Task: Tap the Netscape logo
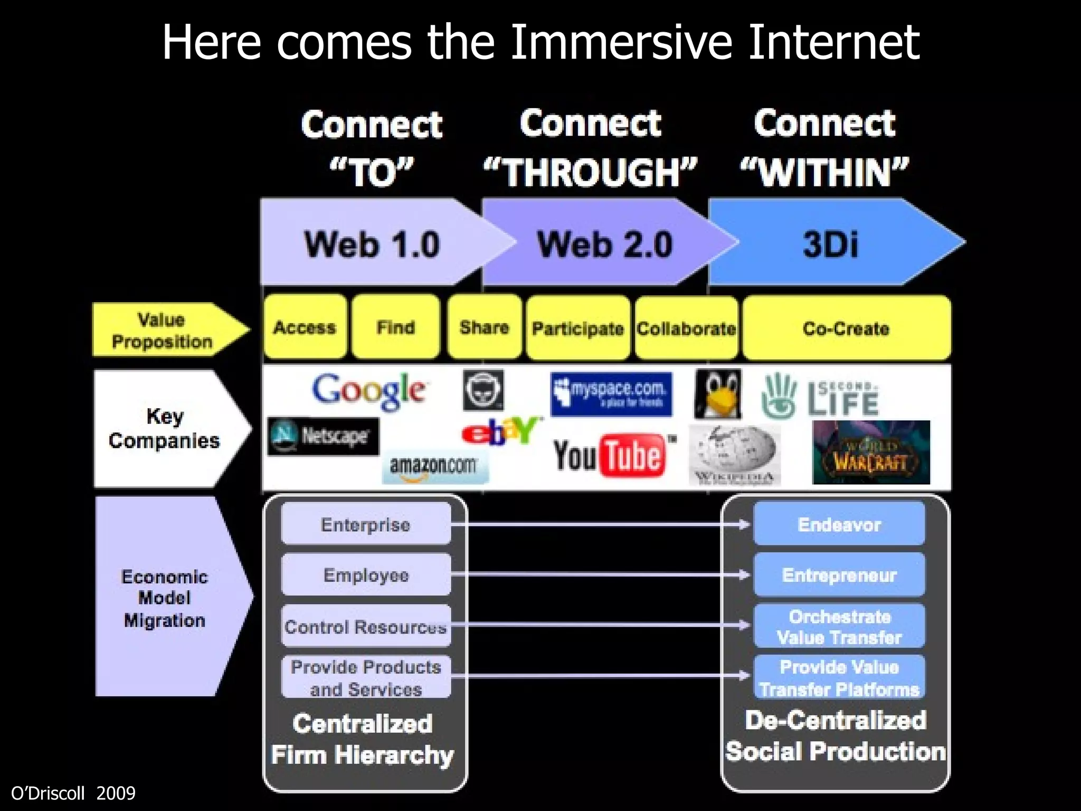[x=323, y=436]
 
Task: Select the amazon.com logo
[x=435, y=467]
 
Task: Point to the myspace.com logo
[x=611, y=394]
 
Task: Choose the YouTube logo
[x=612, y=455]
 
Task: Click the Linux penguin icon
[x=718, y=394]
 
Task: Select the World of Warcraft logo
[x=871, y=453]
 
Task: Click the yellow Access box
[x=305, y=327]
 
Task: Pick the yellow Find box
[x=396, y=327]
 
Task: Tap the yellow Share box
[x=485, y=327]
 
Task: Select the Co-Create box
[x=846, y=328]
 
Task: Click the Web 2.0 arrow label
[x=605, y=245]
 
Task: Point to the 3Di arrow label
[x=831, y=245]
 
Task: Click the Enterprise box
[x=366, y=524]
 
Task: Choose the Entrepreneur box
[x=839, y=575]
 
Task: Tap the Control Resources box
[x=366, y=627]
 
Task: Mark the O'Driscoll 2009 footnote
[x=73, y=793]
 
